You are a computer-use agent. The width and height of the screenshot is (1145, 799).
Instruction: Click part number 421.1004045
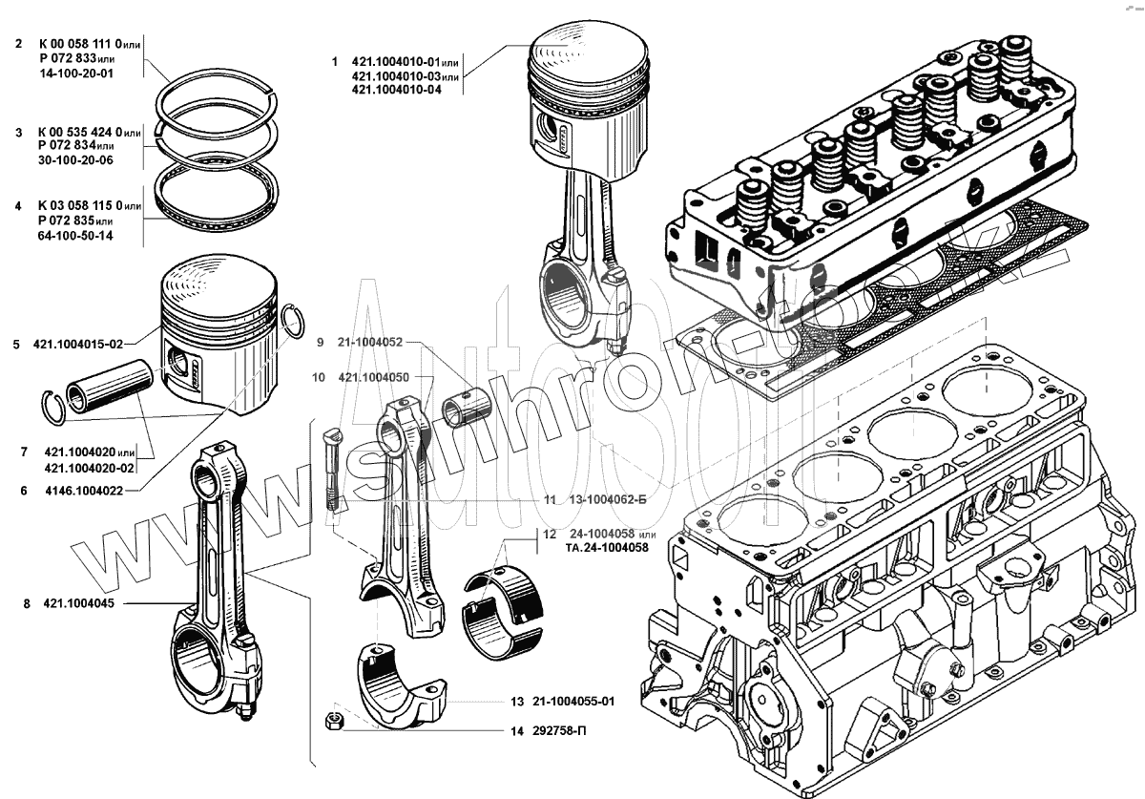coord(79,603)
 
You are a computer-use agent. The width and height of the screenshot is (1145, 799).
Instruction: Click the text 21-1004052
coord(370,341)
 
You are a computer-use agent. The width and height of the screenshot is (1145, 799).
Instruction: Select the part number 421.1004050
coord(374,378)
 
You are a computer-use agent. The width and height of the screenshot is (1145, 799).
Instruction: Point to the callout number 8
coord(28,603)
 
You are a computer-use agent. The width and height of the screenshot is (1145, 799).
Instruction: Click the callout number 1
coord(334,61)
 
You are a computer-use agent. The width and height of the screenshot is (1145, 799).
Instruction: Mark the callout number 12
coord(551,534)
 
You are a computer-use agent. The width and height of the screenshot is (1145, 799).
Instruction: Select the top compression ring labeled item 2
coord(217,93)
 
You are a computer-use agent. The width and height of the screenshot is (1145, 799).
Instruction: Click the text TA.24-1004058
coord(607,549)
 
